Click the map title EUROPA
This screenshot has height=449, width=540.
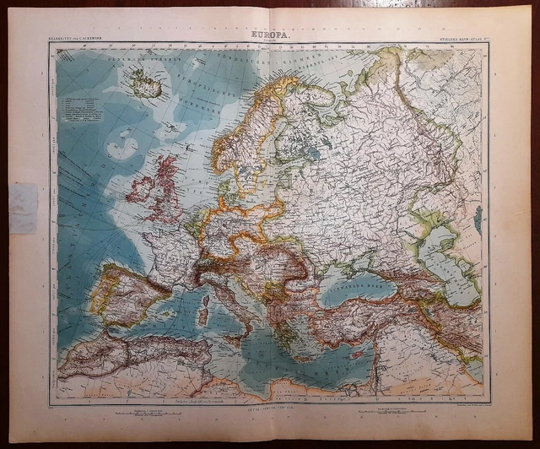[269, 35]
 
